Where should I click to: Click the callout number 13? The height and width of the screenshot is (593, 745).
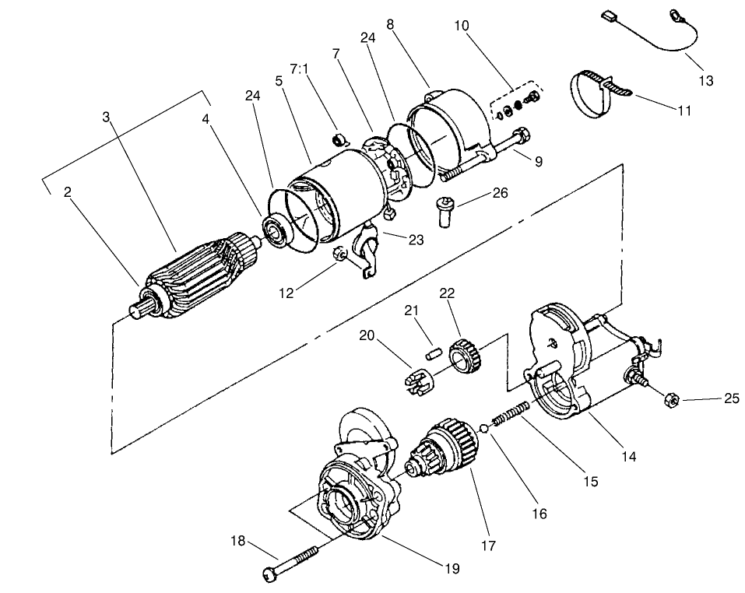tap(705, 81)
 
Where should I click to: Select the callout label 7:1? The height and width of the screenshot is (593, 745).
tap(300, 68)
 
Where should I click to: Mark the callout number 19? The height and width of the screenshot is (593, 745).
tap(452, 569)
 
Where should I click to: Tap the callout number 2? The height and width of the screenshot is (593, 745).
tap(69, 192)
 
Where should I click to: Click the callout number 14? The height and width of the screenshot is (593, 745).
tap(628, 457)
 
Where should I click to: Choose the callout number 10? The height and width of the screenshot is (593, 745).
tap(462, 26)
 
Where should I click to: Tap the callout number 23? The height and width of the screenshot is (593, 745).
tap(416, 240)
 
